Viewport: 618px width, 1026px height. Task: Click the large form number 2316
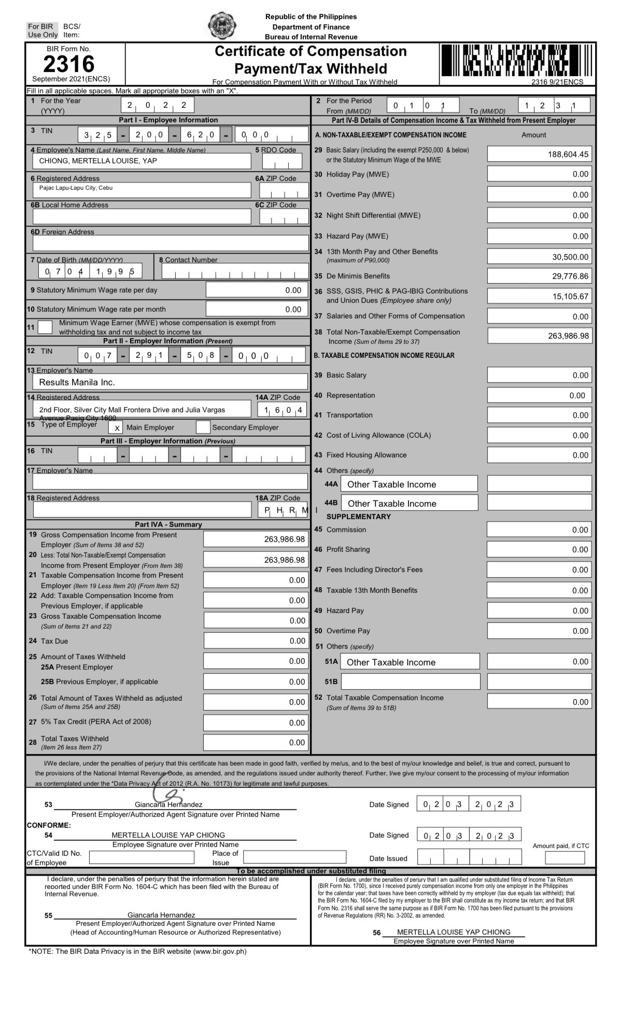tap(69, 64)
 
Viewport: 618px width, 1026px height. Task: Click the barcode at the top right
tap(516, 61)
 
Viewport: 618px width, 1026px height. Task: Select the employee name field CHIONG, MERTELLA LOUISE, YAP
tap(98, 161)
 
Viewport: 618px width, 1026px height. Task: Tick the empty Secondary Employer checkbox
tap(203, 427)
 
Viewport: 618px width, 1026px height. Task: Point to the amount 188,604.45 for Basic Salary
tap(568, 154)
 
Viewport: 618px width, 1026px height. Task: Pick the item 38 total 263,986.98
tap(568, 336)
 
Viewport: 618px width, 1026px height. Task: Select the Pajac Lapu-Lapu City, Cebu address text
tap(76, 188)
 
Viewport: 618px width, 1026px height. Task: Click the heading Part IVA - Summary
tap(168, 524)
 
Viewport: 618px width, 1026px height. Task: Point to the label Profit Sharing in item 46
tap(348, 549)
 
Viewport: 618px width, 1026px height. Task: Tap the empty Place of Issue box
tap(294, 857)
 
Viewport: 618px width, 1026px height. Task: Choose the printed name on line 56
tap(454, 932)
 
